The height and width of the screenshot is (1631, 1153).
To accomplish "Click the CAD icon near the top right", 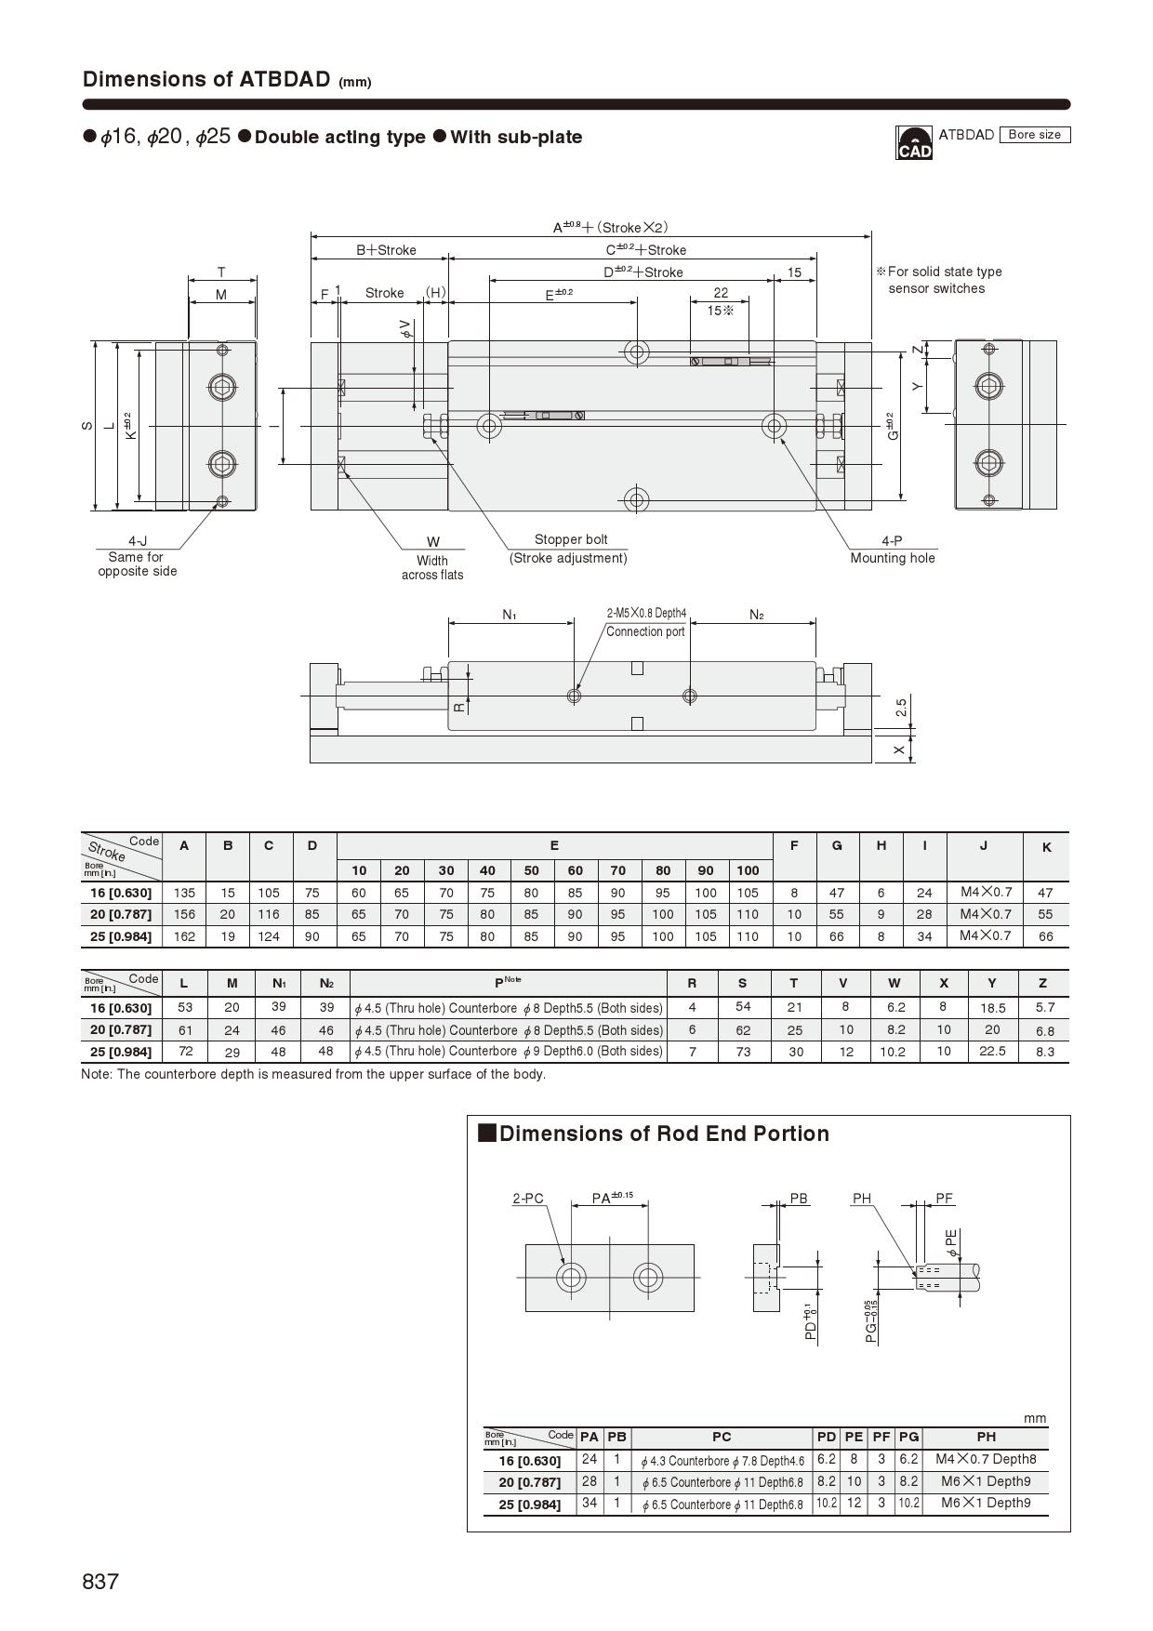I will pyautogui.click(x=913, y=143).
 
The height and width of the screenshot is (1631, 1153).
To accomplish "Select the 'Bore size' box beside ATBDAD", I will pyautogui.click(x=1034, y=135).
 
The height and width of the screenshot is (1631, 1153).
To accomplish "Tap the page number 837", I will pyautogui.click(x=100, y=1581).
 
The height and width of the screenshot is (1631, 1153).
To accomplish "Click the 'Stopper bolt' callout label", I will pyautogui.click(x=570, y=539).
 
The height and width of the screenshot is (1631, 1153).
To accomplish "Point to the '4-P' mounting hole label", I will pyautogui.click(x=891, y=540).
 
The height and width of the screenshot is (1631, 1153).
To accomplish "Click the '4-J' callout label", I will pyautogui.click(x=138, y=541).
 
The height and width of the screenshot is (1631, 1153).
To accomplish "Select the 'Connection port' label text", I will pyautogui.click(x=645, y=631).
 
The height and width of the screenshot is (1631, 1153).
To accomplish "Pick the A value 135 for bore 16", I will pyautogui.click(x=184, y=893).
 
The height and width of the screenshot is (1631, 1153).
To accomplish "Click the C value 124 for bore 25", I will pyautogui.click(x=269, y=936).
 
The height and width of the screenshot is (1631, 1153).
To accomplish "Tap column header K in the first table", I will pyautogui.click(x=1046, y=847).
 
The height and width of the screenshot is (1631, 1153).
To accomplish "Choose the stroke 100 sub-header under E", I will pyautogui.click(x=748, y=870).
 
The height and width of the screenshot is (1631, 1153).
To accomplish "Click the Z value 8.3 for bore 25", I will pyautogui.click(x=1044, y=1052).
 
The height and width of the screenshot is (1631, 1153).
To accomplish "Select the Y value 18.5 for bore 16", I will pyautogui.click(x=992, y=1008).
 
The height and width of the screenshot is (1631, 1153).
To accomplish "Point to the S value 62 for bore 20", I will pyautogui.click(x=742, y=1030).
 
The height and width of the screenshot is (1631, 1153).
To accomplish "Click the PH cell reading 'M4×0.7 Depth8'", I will pyautogui.click(x=986, y=1459).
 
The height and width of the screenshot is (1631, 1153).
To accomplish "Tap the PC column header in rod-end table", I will pyautogui.click(x=722, y=1437).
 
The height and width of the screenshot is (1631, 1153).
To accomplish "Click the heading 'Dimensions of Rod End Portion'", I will pyautogui.click(x=663, y=1134).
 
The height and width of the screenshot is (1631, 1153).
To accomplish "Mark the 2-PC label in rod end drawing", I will pyautogui.click(x=527, y=1199).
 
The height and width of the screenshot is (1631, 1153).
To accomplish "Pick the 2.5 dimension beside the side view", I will pyautogui.click(x=901, y=708).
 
